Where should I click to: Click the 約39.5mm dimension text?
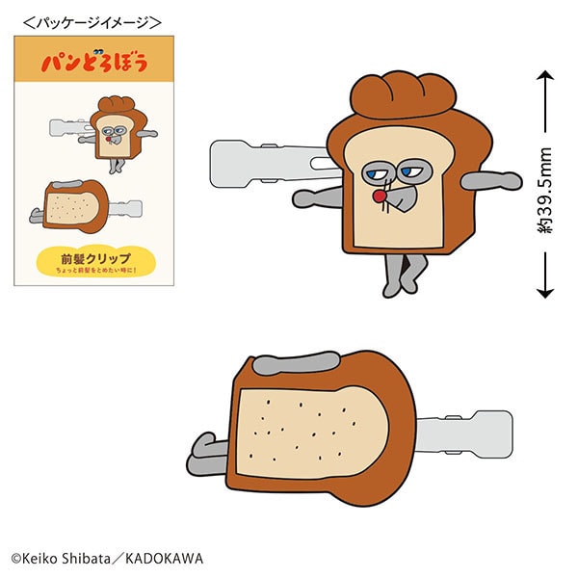[x=546, y=190]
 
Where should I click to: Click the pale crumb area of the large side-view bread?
[x=313, y=424]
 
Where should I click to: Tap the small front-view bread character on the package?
[x=114, y=130]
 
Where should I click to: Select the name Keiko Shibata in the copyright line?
[x=63, y=558]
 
